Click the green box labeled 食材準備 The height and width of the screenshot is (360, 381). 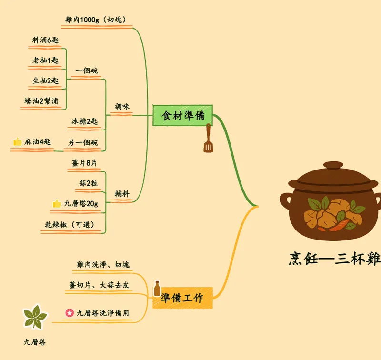[183, 115]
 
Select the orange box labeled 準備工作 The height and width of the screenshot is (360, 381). [183, 298]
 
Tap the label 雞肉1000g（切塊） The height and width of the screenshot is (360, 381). [96, 20]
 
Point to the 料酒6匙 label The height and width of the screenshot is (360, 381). [45, 40]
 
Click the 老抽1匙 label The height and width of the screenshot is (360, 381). [45, 60]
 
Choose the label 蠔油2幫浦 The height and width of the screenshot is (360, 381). [41, 101]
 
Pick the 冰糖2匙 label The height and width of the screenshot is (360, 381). [85, 121]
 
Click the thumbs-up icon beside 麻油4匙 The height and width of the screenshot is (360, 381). [18, 141]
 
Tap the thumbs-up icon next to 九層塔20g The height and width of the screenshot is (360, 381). [57, 203]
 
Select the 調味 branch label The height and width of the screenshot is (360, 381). [122, 106]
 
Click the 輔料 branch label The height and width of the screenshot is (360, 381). [122, 194]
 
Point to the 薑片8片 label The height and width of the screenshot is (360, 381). [84, 163]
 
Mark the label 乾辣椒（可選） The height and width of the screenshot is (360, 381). [70, 225]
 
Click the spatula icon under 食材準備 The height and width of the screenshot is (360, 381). [208, 138]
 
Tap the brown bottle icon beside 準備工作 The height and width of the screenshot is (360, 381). [157, 289]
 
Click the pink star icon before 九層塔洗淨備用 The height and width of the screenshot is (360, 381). [70, 313]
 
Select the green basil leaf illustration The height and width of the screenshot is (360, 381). [35, 317]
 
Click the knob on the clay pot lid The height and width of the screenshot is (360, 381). [333, 165]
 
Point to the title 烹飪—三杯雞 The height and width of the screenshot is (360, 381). [335, 259]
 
